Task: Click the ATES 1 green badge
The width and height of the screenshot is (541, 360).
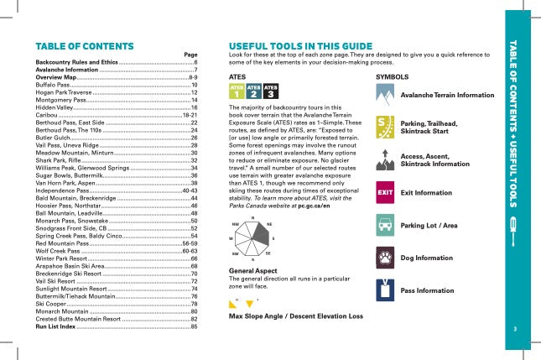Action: tap(237, 91)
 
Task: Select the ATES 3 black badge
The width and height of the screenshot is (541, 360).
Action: tap(271, 91)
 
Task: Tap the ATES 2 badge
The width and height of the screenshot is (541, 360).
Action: tap(253, 91)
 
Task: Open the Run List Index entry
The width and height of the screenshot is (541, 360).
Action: tap(55, 326)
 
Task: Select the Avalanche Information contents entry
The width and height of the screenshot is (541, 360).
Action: tap(66, 70)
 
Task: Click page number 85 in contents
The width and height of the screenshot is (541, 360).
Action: tap(194, 326)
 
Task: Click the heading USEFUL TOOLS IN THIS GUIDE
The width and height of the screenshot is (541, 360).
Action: tap(300, 45)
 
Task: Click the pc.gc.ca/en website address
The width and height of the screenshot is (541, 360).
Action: tap(312, 205)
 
